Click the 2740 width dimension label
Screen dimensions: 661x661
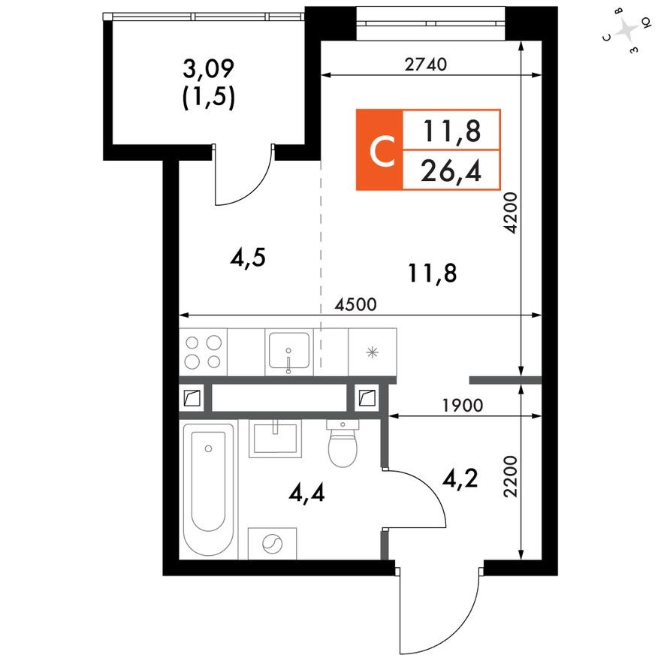425,65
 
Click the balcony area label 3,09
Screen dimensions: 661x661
209,71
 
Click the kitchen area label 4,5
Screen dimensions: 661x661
249,259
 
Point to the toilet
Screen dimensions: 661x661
345,445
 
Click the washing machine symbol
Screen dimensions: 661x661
272,543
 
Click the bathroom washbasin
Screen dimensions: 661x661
275,438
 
